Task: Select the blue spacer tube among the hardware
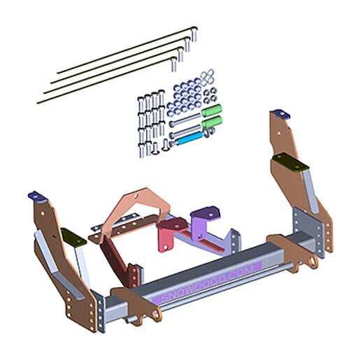tap(189, 139)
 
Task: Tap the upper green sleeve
tap(211, 110)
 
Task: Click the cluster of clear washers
tap(207, 76)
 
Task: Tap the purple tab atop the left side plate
tap(37, 197)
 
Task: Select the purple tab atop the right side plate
tap(281, 114)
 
